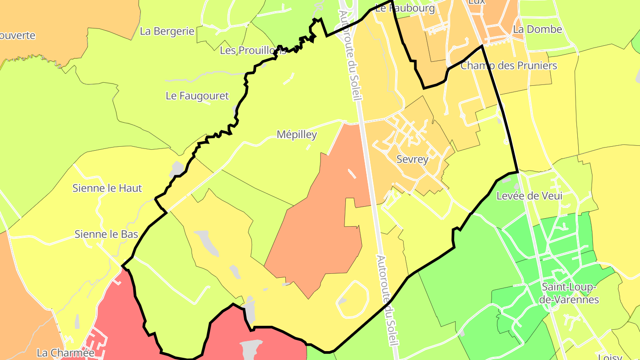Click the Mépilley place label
pos(296,135)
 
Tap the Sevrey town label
pos(412,160)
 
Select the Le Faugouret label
pos(197,96)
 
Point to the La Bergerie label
pos(167,31)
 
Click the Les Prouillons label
pos(252,51)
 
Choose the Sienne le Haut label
pos(107,188)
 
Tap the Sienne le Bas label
pos(106,234)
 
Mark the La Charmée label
pos(66,353)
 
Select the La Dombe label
pos(537,29)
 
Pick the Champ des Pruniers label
pos(508,66)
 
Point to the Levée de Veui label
pos(529,196)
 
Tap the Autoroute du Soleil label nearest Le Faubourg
pos(349,56)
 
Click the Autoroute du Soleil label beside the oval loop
pos(387,300)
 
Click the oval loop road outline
pos(368,298)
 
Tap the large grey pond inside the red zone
pos(251,349)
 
